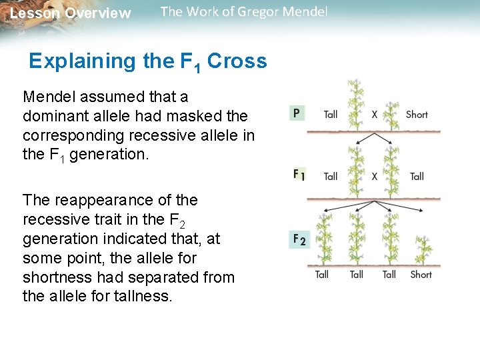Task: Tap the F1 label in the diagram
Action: click(x=299, y=175)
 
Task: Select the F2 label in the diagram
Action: click(x=299, y=239)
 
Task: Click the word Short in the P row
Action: click(x=417, y=115)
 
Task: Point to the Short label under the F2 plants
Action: click(x=421, y=274)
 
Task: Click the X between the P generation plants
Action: click(x=374, y=115)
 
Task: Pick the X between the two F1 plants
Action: click(x=374, y=177)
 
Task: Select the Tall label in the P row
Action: click(x=331, y=115)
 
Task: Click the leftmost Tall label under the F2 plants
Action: click(x=322, y=274)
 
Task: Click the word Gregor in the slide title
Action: click(x=247, y=12)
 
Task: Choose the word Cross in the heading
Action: click(x=237, y=61)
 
